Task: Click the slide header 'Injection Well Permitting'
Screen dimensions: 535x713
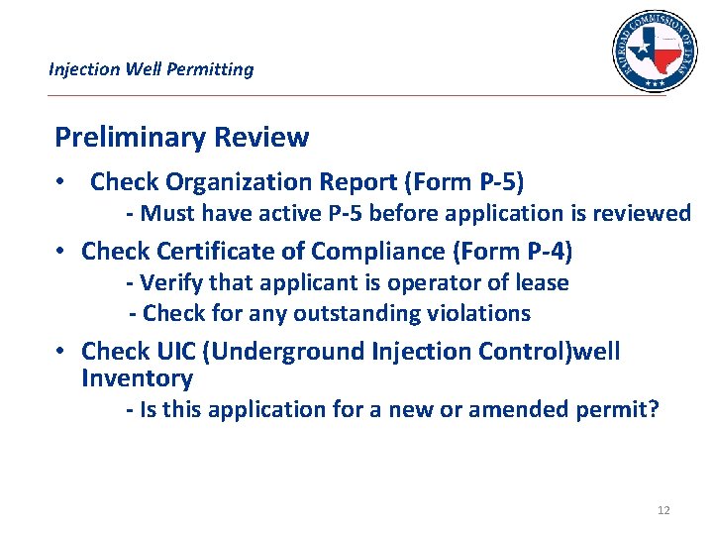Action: tap(151, 69)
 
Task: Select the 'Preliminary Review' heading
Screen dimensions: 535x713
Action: tap(181, 137)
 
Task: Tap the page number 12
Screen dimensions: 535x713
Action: tap(662, 510)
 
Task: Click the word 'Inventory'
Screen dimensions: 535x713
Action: tap(137, 378)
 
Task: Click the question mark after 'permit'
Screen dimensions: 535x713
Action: tap(652, 409)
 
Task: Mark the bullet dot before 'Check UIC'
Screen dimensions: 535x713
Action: tap(61, 352)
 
